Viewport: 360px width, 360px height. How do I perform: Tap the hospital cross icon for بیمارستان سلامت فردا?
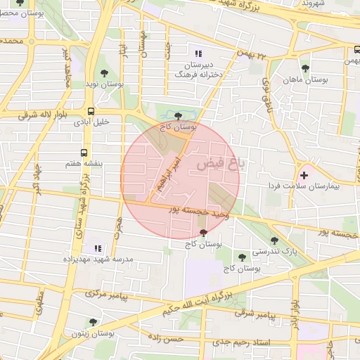click(304, 174)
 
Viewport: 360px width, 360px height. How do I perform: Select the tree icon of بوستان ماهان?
click(305, 68)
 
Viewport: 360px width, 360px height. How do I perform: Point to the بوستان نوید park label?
click(105, 84)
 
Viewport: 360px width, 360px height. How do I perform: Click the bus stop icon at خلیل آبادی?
click(91, 111)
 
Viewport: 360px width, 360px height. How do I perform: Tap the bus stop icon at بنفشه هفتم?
click(84, 152)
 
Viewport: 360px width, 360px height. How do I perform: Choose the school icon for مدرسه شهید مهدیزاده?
click(98, 248)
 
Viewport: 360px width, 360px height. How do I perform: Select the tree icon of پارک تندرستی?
click(274, 240)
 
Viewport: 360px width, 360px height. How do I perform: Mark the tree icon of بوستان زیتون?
click(93, 322)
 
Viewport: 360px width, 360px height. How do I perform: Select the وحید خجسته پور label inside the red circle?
click(196, 211)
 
